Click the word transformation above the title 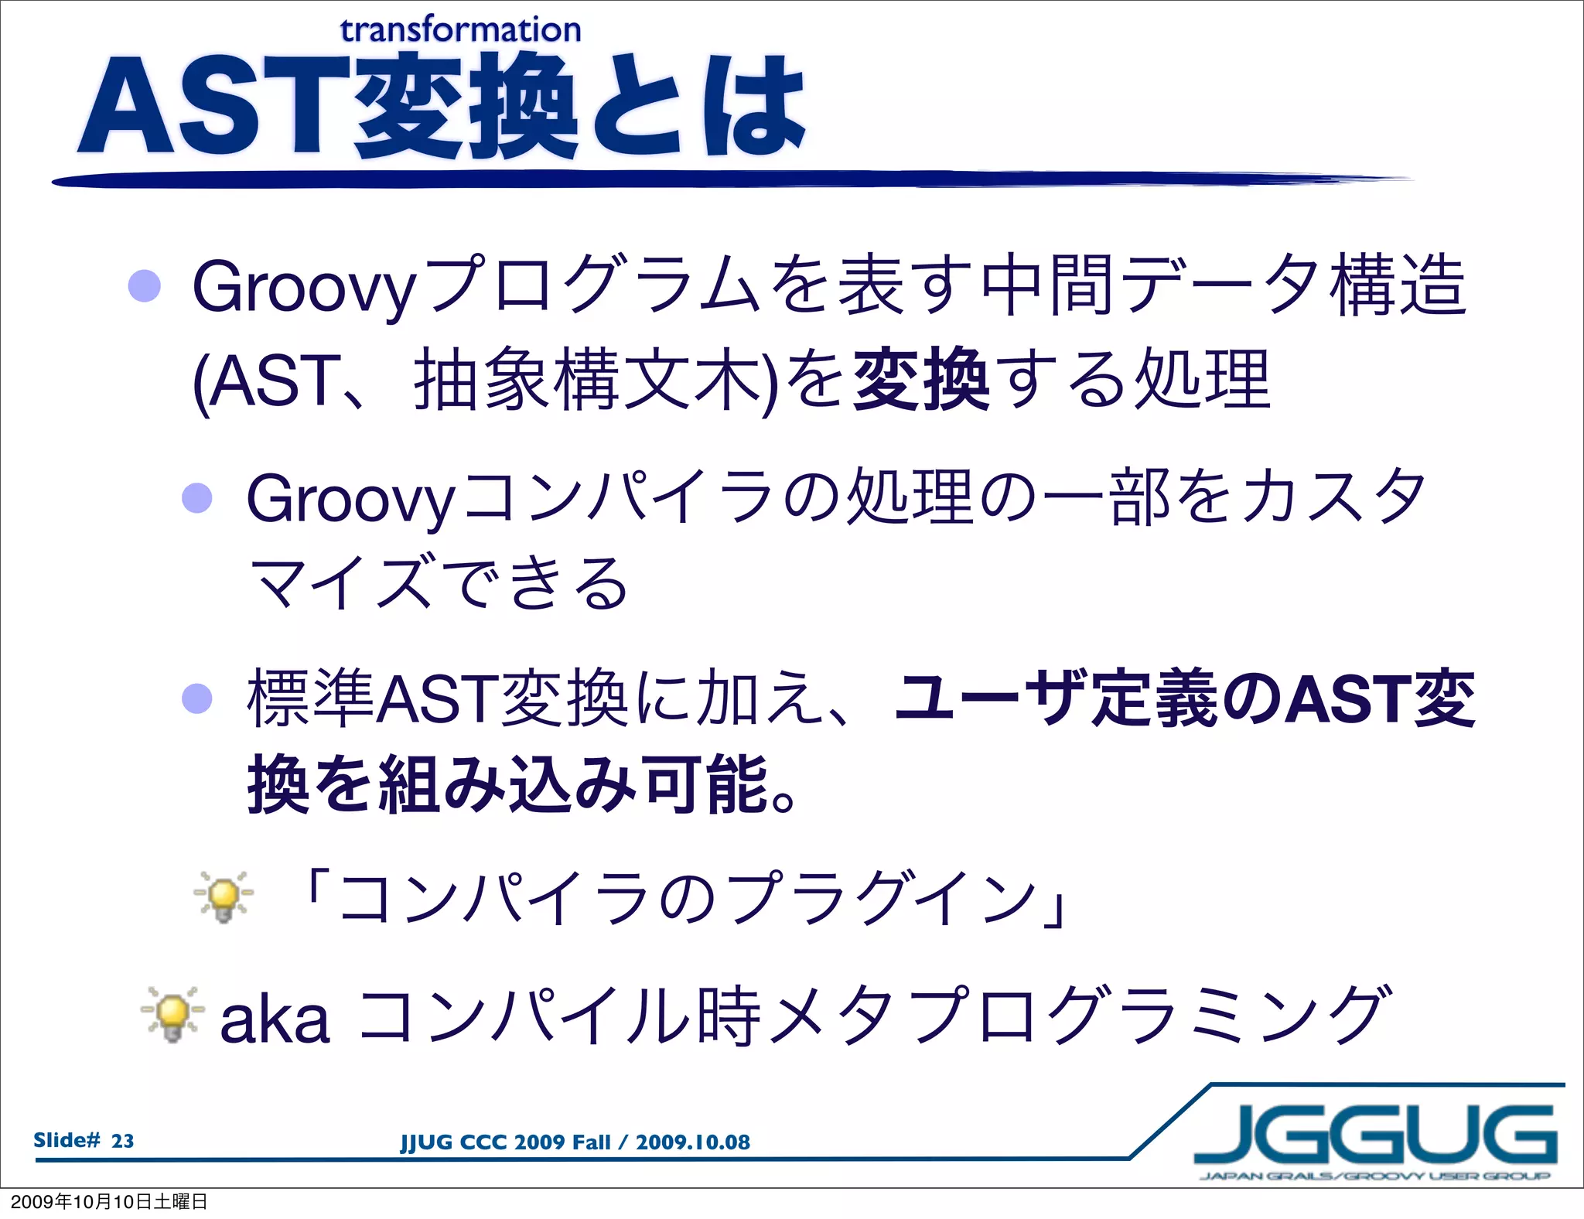point(460,30)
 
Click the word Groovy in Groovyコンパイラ point(350,500)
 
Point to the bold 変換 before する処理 point(920,381)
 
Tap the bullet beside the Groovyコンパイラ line point(197,498)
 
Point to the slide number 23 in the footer point(122,1141)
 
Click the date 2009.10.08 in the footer point(692,1142)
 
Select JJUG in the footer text point(425,1142)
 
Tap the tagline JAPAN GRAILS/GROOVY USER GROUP point(1375,1176)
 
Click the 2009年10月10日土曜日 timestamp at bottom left point(108,1201)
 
